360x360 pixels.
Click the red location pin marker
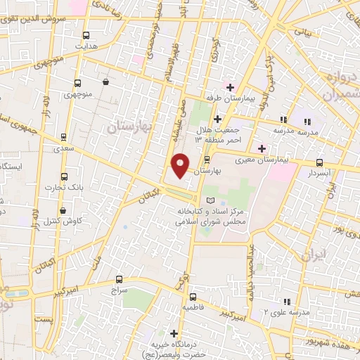tap(181, 165)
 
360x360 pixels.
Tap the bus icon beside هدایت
tap(86, 35)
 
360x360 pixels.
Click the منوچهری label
tap(78, 94)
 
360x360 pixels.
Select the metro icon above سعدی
tap(64, 136)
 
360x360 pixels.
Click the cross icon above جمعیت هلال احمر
tap(219, 119)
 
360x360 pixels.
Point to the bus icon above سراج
tap(119, 279)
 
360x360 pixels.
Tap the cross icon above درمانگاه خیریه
tap(174, 333)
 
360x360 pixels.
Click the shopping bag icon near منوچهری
tap(105, 82)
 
